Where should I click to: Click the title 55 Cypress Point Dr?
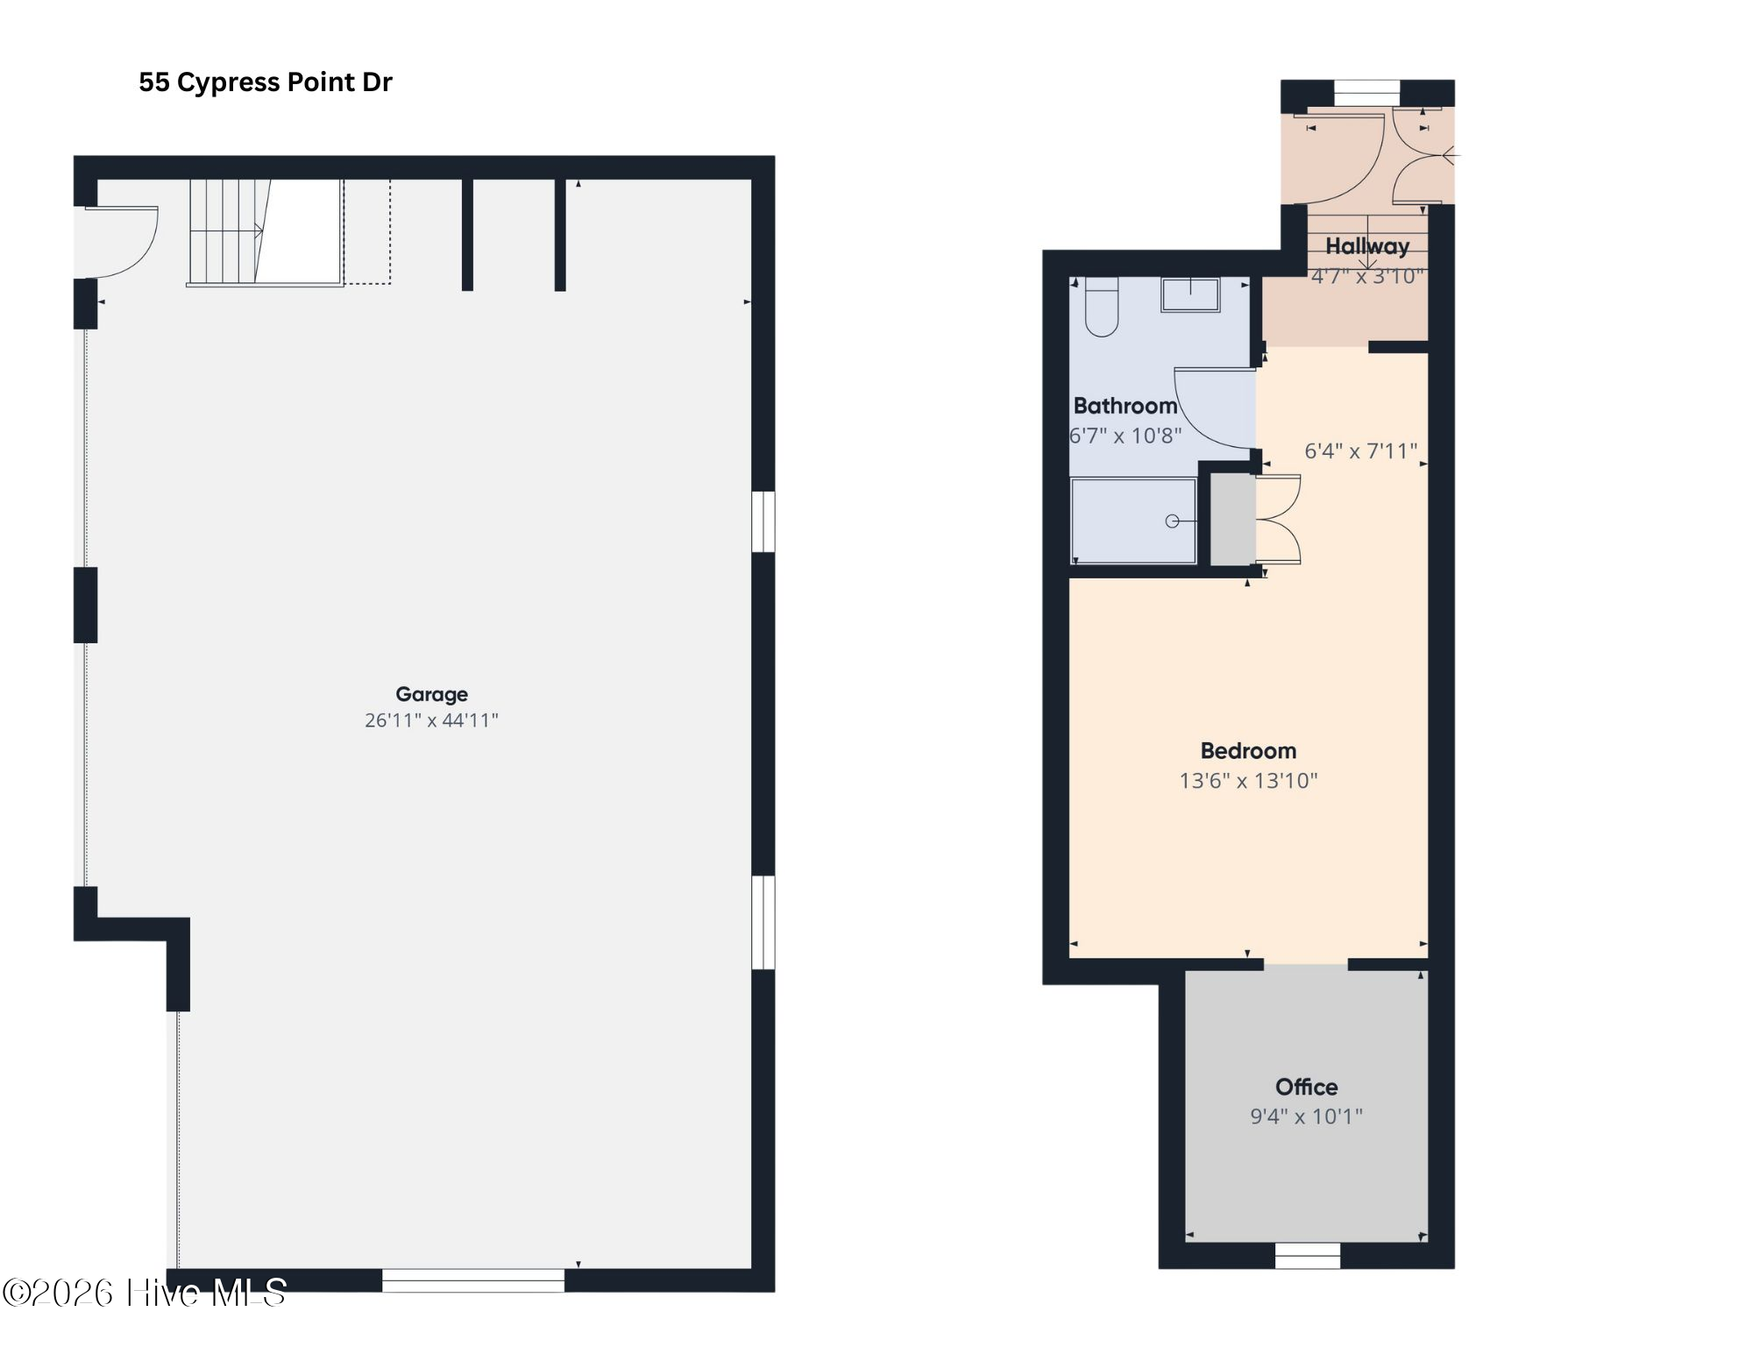(x=265, y=82)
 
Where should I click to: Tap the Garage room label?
(x=431, y=694)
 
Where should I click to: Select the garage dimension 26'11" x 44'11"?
(x=431, y=720)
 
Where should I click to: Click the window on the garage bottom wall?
(x=473, y=1280)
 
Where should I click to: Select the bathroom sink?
(x=1190, y=294)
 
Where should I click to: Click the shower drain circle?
(x=1172, y=521)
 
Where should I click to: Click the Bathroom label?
(x=1125, y=406)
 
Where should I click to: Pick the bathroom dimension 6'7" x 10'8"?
(x=1125, y=436)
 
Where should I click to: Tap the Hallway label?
(x=1366, y=246)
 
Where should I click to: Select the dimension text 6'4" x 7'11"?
(x=1360, y=451)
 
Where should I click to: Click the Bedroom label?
(x=1248, y=751)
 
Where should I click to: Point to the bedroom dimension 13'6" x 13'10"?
(x=1248, y=781)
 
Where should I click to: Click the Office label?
(x=1306, y=1088)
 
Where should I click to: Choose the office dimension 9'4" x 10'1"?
(x=1306, y=1117)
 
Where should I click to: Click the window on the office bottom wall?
(x=1307, y=1256)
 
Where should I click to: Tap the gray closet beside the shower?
(x=1232, y=520)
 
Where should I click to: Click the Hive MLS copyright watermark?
(x=145, y=1293)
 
